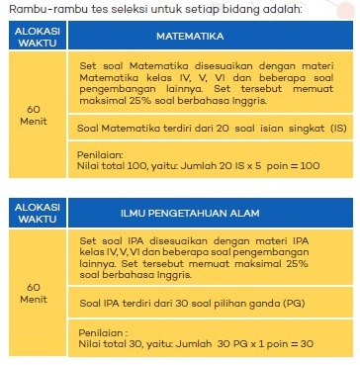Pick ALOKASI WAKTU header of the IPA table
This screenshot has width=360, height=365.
pos(33,212)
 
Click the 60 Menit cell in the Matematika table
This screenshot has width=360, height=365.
pos(33,115)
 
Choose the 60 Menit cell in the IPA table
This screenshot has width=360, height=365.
pos(33,291)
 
